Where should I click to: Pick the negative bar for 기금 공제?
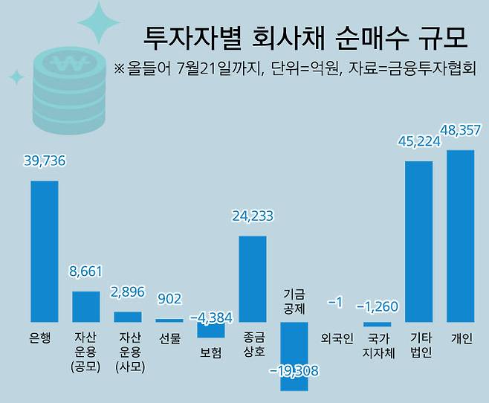pyautogui.click(x=294, y=356)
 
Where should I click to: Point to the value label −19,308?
pyautogui.click(x=294, y=370)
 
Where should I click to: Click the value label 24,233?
pyautogui.click(x=252, y=217)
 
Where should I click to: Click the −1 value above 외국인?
pyautogui.click(x=335, y=303)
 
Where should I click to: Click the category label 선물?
pyautogui.click(x=169, y=338)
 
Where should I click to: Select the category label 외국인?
pyautogui.click(x=335, y=338)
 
